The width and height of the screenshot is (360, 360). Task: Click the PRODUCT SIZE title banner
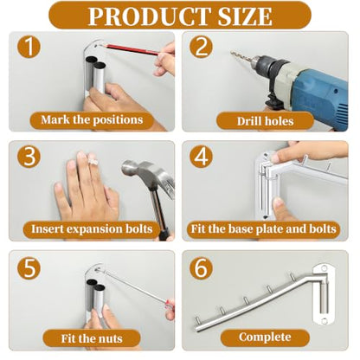pos(180,16)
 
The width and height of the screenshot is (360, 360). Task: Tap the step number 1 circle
pos(29,47)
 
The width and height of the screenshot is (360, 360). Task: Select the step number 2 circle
pos(202,47)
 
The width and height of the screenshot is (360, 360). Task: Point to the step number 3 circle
pos(29,157)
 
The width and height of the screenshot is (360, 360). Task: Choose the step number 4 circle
pos(202,157)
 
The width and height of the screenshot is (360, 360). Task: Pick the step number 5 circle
pos(29,267)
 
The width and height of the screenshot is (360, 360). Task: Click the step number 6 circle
pos(202,267)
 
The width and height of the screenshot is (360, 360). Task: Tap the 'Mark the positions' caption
pos(92,120)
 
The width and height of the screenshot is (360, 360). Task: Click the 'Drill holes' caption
pos(265,121)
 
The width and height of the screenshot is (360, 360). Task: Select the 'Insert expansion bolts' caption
pos(92,229)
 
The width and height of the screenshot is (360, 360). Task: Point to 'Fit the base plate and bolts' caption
pos(264,229)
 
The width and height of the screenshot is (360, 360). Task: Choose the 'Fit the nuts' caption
pos(92,338)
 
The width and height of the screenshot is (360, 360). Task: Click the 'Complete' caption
pos(265,337)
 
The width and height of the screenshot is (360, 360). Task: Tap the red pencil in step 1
pos(129,49)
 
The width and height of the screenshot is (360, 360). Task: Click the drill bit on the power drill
pos(241,56)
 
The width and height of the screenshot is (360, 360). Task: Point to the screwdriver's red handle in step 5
pos(170,305)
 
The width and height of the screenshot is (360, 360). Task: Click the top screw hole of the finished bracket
pos(325,268)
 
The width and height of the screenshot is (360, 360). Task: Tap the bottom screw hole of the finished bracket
pos(325,320)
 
